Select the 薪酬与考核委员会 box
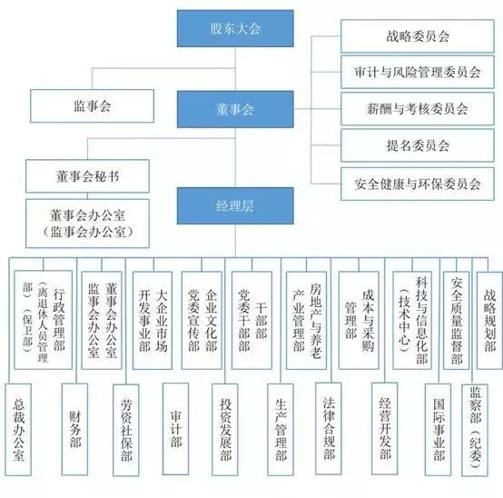pos(411,108)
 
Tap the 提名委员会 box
pos(411,144)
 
